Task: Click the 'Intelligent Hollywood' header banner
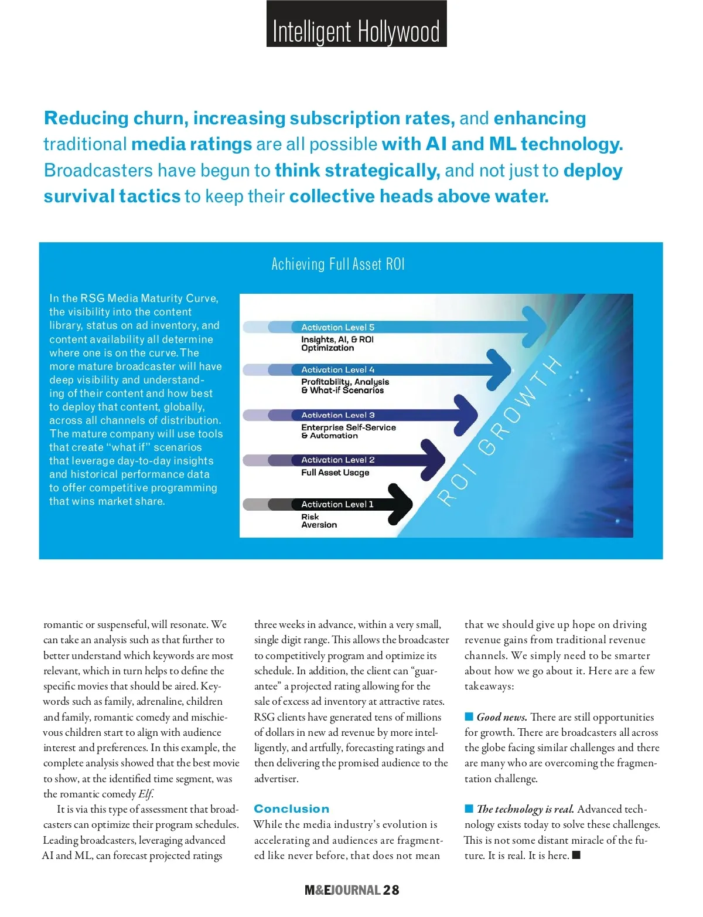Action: (356, 25)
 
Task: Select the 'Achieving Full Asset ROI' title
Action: (338, 264)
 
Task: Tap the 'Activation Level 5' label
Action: (337, 327)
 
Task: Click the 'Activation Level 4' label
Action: (337, 370)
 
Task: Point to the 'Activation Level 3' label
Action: (337, 415)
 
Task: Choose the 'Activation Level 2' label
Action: (337, 460)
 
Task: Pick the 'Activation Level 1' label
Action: (337, 504)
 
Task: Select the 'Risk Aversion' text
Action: (319, 521)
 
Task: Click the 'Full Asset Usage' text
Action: (335, 473)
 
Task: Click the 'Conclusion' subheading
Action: (292, 809)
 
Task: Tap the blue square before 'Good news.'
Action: (469, 716)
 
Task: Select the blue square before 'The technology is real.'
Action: (469, 809)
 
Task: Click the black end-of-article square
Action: (576, 855)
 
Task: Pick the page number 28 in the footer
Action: (391, 890)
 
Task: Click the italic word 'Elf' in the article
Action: (145, 794)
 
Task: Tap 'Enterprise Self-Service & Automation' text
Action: (348, 432)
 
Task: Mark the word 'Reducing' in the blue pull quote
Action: (87, 118)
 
